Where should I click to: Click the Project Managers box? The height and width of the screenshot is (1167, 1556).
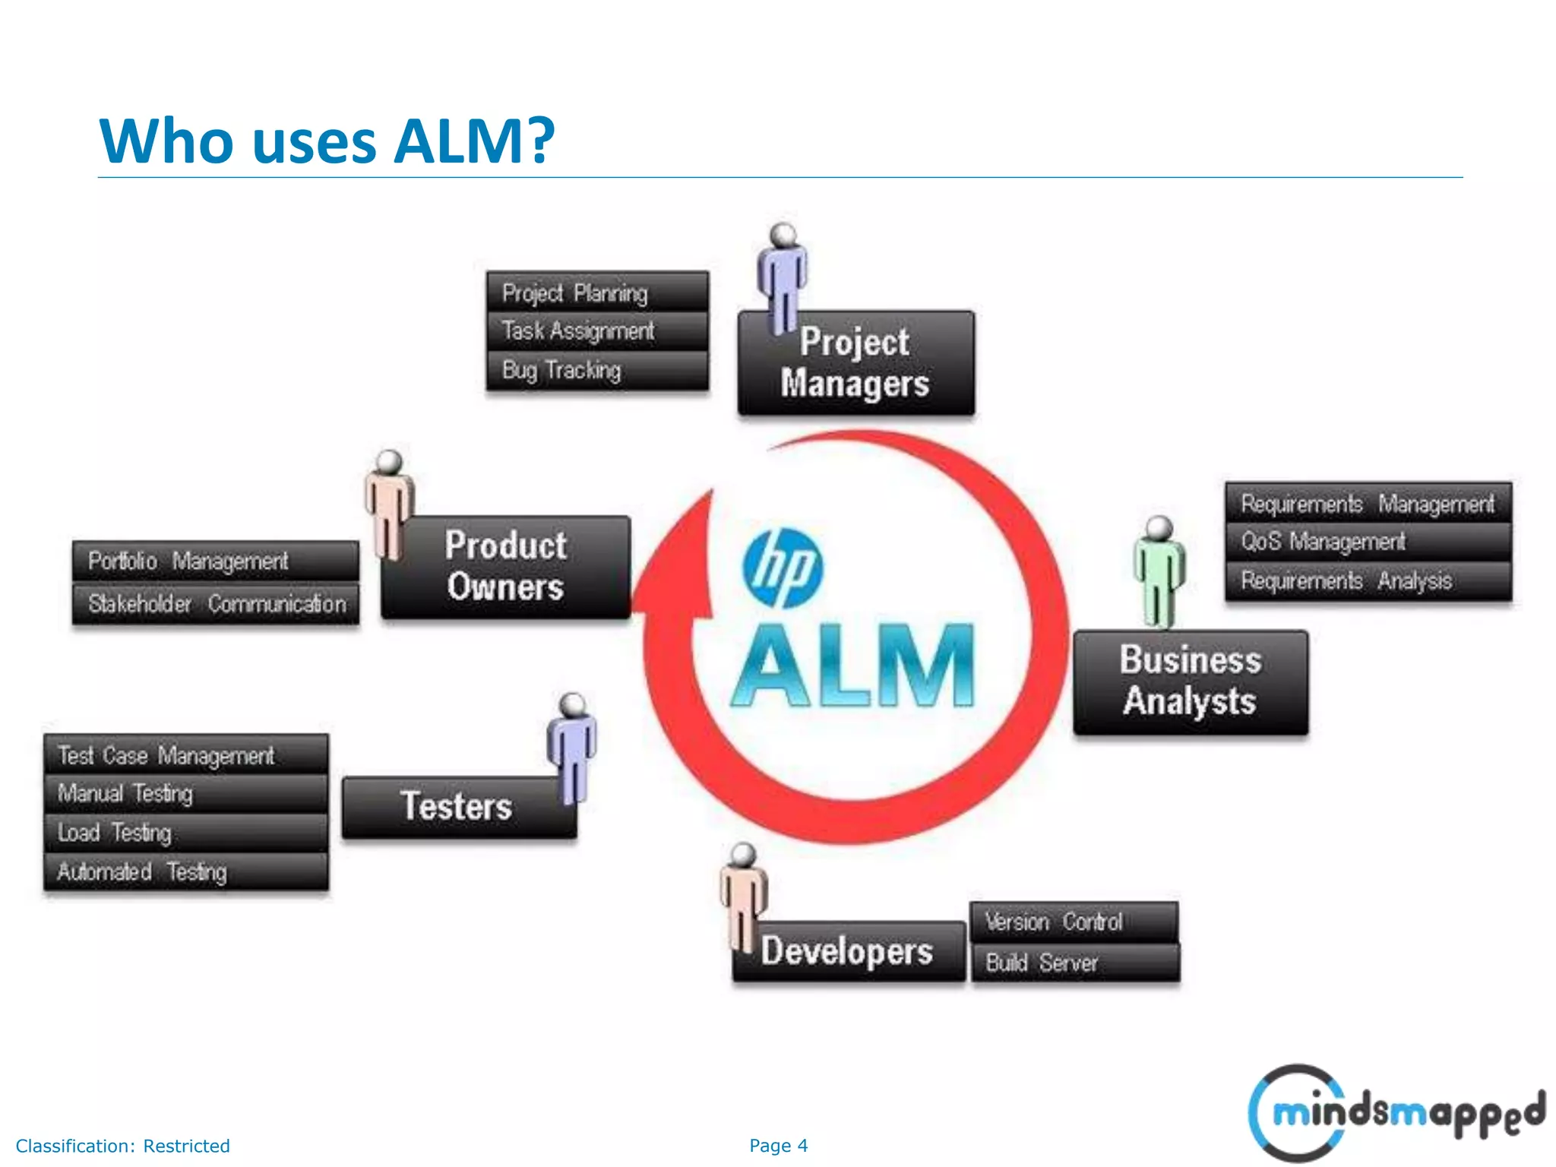[x=855, y=363]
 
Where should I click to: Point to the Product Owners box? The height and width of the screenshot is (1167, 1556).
[x=506, y=567]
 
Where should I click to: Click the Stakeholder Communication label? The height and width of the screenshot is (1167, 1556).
[x=216, y=604]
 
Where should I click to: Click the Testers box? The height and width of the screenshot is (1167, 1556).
[x=457, y=807]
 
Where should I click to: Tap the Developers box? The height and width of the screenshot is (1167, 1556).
[x=848, y=951]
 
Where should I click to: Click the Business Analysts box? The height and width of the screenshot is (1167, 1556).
[x=1190, y=682]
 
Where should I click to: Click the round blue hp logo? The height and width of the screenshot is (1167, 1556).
[x=783, y=568]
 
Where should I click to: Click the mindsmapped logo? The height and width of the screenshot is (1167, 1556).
[x=1396, y=1112]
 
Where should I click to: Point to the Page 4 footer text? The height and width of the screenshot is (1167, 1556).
[x=778, y=1146]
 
